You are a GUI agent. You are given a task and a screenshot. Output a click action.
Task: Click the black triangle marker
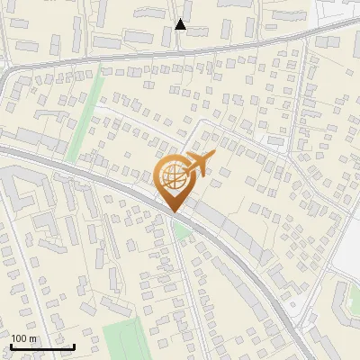click(181, 24)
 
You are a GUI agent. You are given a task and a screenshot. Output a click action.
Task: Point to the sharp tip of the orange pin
click(172, 212)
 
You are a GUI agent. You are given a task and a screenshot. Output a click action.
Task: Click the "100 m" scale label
click(23, 338)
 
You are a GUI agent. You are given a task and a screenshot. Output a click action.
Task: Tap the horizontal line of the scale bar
click(42, 346)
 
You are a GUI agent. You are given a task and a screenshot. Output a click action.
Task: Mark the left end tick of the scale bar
click(11, 345)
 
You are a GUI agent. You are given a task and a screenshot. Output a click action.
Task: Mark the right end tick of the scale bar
click(74, 345)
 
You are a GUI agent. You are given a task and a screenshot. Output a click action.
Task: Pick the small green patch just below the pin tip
click(183, 229)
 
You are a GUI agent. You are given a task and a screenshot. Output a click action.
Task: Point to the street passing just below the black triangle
click(180, 45)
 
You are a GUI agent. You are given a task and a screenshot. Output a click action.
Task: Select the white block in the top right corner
click(337, 11)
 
